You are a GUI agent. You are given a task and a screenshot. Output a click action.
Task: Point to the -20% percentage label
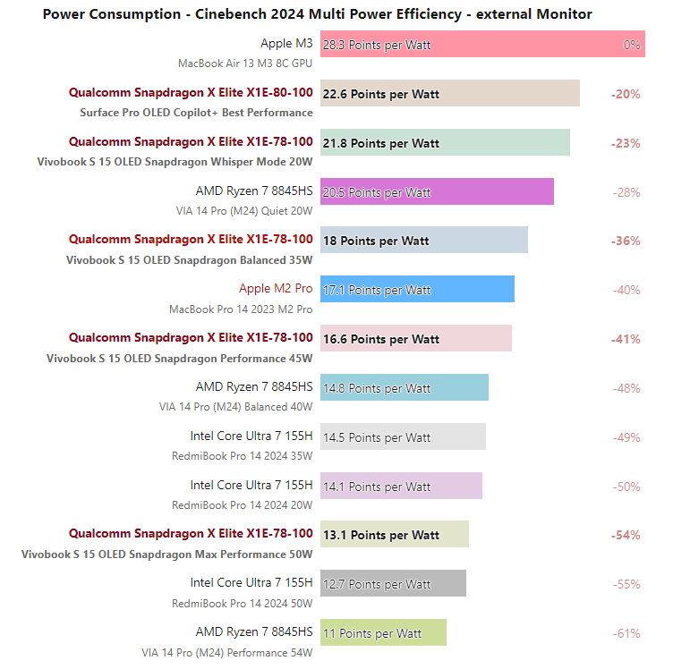point(626,94)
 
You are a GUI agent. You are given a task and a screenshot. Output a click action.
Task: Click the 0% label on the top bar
point(632,45)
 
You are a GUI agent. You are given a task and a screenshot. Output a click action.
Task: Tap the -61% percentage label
point(626,633)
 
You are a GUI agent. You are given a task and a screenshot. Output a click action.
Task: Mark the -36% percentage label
point(626,241)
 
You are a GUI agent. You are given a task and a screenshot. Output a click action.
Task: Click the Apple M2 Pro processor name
point(276,289)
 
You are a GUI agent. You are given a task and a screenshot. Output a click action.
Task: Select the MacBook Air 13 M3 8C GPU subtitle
point(245,64)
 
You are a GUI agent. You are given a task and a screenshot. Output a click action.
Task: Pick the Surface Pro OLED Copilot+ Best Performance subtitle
point(196,113)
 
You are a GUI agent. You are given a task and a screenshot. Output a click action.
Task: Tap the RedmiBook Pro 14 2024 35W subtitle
point(242,456)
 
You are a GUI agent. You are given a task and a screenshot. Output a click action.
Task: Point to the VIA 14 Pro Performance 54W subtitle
point(226,653)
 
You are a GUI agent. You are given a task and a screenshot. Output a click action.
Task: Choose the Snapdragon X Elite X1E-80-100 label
point(191,92)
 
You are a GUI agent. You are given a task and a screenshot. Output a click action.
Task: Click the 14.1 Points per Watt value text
point(377,487)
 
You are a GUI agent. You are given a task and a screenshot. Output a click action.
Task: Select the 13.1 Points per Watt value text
point(381,536)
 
